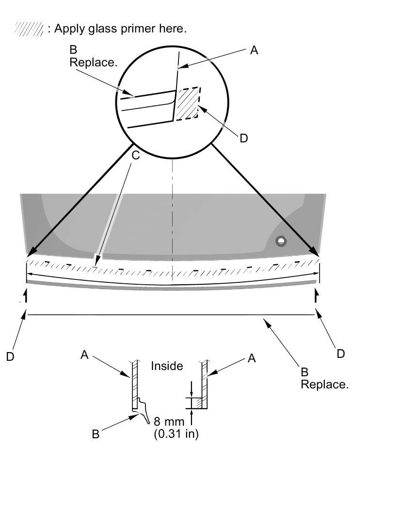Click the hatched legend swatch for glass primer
point(29,29)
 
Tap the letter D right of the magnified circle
point(243,138)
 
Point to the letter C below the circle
point(136,155)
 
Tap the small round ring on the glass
point(281,241)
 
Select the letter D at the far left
point(11,356)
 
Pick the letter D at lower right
point(340,354)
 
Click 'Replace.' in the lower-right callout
point(324,385)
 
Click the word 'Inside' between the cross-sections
point(167,366)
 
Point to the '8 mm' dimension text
point(169,421)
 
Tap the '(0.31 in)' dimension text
point(176,434)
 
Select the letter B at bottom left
point(96,434)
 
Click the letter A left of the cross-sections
point(84,355)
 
